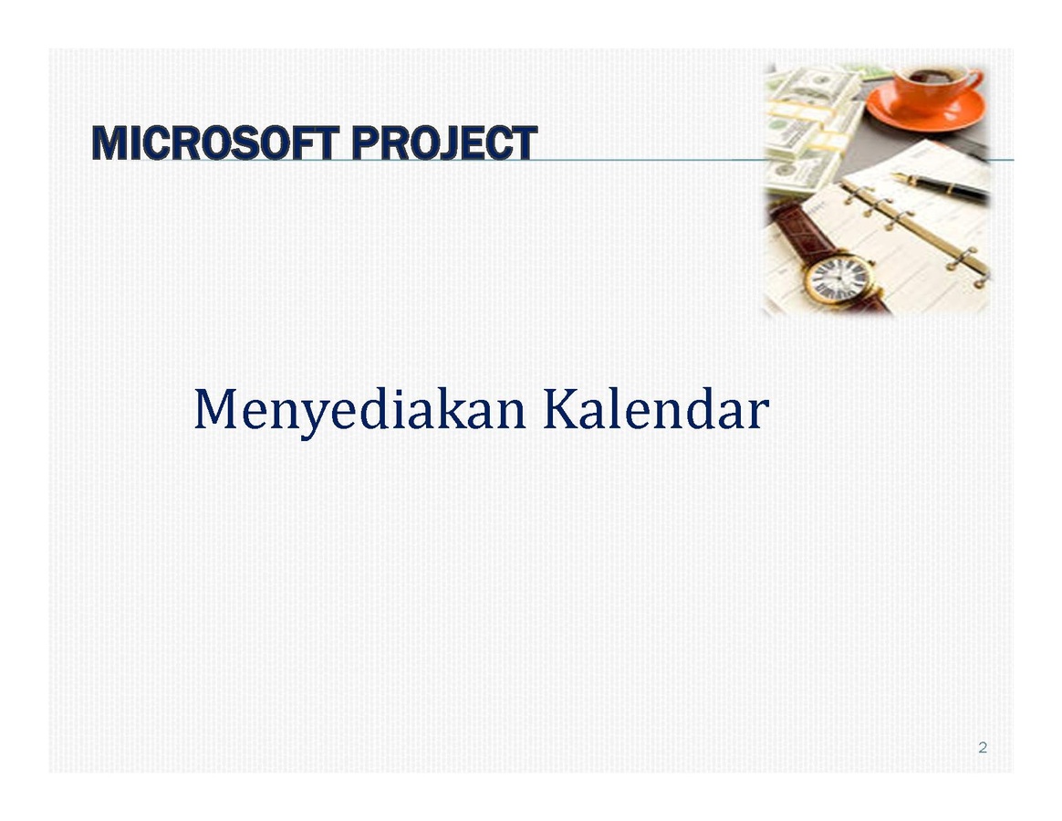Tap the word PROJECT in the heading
click(444, 143)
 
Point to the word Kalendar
click(656, 409)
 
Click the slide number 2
click(982, 748)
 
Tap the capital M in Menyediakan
click(215, 408)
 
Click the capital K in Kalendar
click(560, 408)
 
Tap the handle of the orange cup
click(973, 80)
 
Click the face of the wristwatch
click(838, 279)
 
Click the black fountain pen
click(941, 186)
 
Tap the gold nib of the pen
click(900, 177)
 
